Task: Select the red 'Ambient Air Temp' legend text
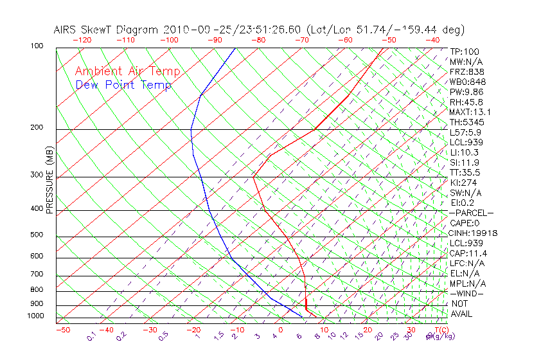point(128,71)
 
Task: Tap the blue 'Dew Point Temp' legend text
point(123,85)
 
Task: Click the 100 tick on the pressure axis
point(37,46)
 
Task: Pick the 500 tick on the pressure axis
point(37,235)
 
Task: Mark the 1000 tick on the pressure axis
point(35,316)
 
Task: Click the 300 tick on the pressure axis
point(37,175)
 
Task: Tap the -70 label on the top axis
point(301,40)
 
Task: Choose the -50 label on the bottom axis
point(62,330)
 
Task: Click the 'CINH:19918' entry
point(474,233)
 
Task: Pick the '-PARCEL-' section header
point(471,213)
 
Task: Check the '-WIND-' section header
point(467,294)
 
